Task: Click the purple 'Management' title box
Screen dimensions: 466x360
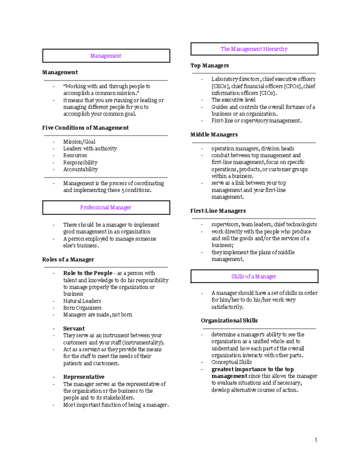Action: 106,56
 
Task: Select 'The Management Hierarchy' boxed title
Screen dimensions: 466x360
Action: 254,49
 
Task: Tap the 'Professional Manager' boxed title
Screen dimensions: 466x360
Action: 106,207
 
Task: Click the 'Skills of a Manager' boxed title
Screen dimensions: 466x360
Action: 254,276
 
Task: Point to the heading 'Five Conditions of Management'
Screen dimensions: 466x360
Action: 85,128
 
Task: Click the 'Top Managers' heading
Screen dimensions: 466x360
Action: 209,65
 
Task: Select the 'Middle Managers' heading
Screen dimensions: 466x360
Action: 214,134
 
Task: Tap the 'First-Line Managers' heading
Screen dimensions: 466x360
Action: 218,211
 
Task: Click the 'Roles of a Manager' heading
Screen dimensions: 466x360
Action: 68,260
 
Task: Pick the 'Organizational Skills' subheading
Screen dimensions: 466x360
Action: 229,320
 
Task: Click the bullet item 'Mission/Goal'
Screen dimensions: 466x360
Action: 79,142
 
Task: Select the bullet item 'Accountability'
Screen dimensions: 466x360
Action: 80,169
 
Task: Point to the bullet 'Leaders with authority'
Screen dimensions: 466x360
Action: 90,149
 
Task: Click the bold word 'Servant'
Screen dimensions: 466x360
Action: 74,329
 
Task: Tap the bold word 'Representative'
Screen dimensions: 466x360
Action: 84,377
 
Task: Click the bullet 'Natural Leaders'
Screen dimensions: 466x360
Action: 82,301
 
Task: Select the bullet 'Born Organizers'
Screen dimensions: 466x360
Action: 82,308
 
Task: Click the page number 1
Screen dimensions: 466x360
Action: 316,440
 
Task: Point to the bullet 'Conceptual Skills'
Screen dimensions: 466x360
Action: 232,362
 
